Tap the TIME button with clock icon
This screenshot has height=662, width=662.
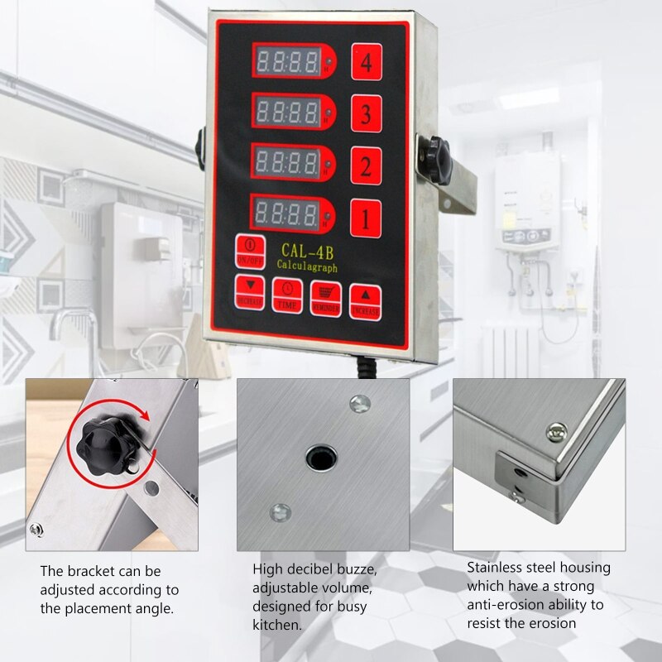coord(287,294)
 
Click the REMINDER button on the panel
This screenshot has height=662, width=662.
coord(326,295)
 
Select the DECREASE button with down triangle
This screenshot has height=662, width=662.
coord(249,292)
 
